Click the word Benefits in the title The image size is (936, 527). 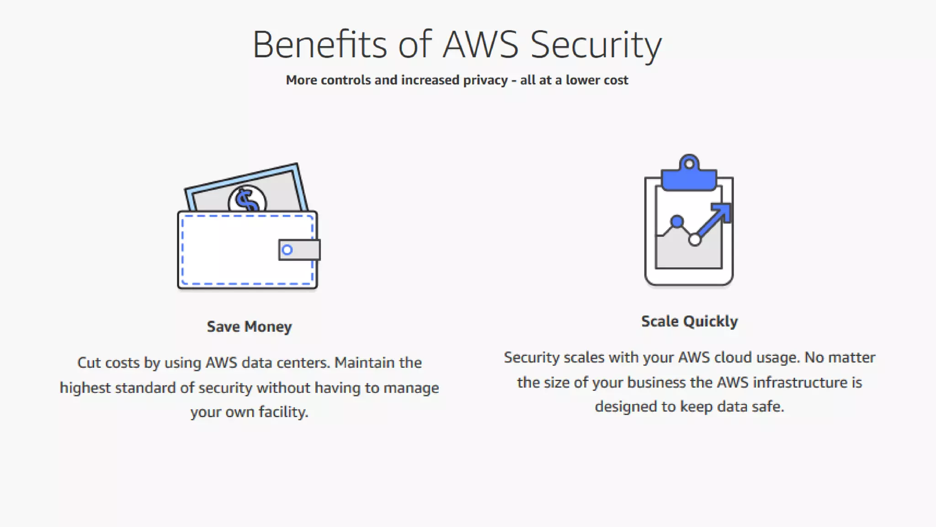click(x=319, y=44)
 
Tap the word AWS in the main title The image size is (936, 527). click(x=481, y=44)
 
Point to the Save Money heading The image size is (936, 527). click(x=249, y=327)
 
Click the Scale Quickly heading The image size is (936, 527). click(x=689, y=321)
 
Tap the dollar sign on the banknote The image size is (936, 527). click(x=247, y=200)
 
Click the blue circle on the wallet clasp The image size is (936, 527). click(x=287, y=250)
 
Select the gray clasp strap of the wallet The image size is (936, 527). click(x=304, y=250)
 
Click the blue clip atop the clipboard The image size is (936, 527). click(x=689, y=179)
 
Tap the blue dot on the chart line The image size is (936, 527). click(x=677, y=222)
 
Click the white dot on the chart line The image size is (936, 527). click(x=695, y=240)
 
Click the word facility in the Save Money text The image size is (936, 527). click(x=283, y=412)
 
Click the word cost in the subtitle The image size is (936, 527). click(x=616, y=81)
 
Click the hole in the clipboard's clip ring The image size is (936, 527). click(x=689, y=164)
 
